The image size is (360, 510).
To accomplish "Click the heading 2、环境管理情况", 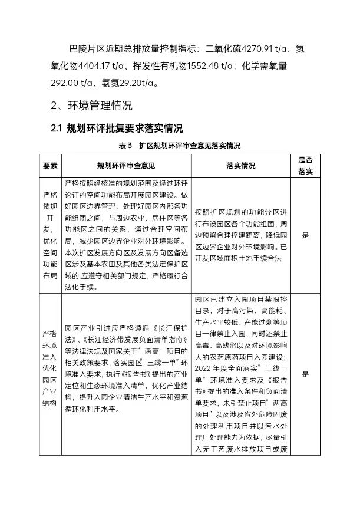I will pos(91,107).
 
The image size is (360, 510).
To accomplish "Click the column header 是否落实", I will pos(305,166).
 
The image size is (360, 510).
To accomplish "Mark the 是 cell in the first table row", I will pos(305,235).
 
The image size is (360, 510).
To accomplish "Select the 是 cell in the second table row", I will pos(305,374).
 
